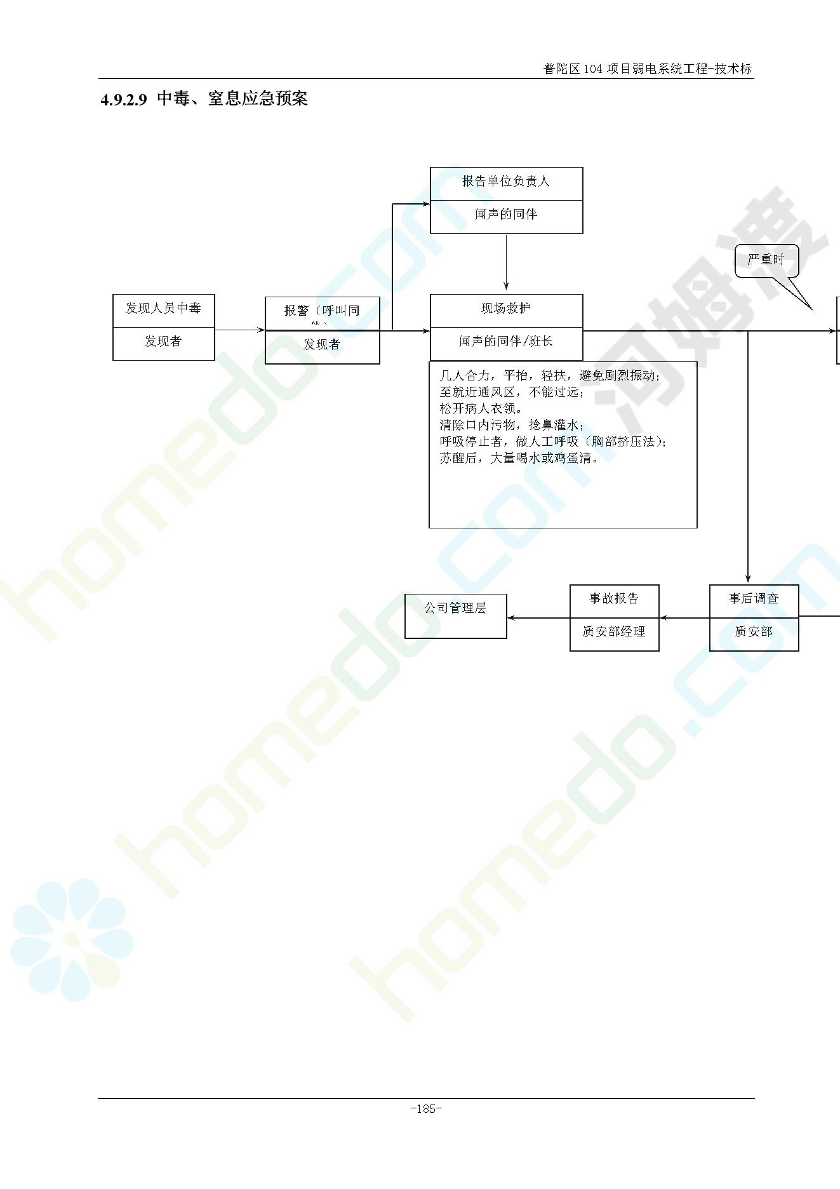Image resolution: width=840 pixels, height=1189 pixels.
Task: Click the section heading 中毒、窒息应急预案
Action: point(232,99)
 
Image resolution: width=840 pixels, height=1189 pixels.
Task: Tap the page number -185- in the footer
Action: point(426,1109)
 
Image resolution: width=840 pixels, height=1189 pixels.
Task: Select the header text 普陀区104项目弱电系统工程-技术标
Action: point(648,69)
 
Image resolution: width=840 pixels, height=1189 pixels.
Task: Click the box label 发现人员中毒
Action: point(163,309)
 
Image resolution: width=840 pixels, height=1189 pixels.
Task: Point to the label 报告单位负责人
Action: point(506,182)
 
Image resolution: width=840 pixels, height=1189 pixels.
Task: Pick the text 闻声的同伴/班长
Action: point(506,342)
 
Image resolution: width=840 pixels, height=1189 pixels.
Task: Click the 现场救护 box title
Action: point(506,309)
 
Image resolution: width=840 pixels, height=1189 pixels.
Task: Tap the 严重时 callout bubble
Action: point(766,260)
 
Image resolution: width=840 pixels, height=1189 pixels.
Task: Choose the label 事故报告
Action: point(614,599)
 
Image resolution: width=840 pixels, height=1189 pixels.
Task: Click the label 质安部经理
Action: point(614,632)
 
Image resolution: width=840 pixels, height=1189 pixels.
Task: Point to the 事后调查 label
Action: point(754,599)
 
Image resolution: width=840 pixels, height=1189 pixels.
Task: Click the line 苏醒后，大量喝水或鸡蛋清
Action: point(519,458)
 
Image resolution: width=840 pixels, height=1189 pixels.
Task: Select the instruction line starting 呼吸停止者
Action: point(552,441)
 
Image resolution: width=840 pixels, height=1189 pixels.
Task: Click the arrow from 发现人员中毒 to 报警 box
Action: point(239,330)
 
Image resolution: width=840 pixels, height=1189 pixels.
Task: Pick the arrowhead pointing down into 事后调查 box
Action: point(748,578)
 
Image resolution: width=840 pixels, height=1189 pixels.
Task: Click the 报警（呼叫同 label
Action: point(322,311)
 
